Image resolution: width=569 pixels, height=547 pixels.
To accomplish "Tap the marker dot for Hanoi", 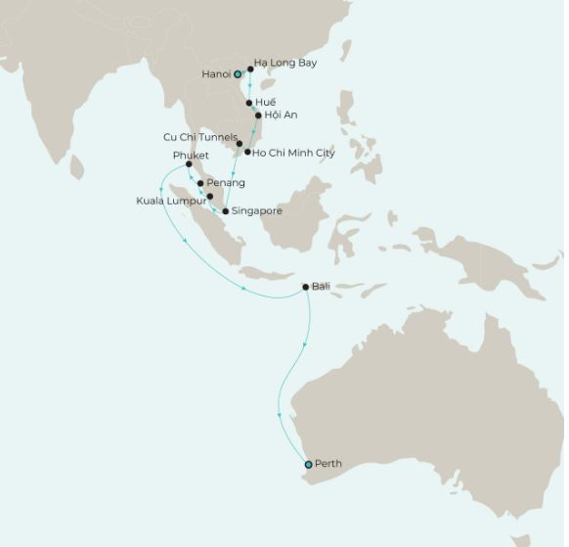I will [x=238, y=74].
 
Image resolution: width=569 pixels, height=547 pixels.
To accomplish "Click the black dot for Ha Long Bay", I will [x=251, y=69].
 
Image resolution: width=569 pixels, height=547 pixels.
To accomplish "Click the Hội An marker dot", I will [x=258, y=115].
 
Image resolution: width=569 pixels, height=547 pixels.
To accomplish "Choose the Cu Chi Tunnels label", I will [x=199, y=138].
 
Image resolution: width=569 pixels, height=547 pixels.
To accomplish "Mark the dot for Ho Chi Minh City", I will [x=247, y=152].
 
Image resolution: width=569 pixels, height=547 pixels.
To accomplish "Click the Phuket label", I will [x=191, y=155].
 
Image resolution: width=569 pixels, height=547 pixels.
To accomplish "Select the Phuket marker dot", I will [x=189, y=164].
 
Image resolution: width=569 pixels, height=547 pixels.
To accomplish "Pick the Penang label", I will [x=226, y=183].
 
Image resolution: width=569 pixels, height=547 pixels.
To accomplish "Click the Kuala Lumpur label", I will [x=171, y=201].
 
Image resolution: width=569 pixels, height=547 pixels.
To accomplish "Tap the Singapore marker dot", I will [x=226, y=211].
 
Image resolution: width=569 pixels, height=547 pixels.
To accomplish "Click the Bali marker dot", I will [x=306, y=287].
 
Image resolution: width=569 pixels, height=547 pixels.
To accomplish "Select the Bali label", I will [x=321, y=287].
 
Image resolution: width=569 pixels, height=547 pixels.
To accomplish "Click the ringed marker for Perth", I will [x=308, y=464].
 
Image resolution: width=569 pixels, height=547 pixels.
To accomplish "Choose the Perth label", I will [x=328, y=464].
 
